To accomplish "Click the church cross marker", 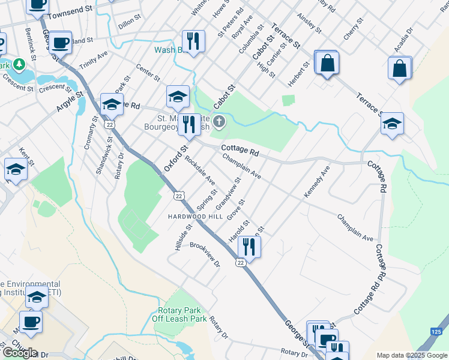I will [220, 123].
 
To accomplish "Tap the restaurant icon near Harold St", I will [248, 246].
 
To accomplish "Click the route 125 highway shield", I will [437, 331].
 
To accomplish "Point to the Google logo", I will [20, 352].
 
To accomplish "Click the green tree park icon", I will [19, 64].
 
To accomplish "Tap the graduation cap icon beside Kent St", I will [16, 169].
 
